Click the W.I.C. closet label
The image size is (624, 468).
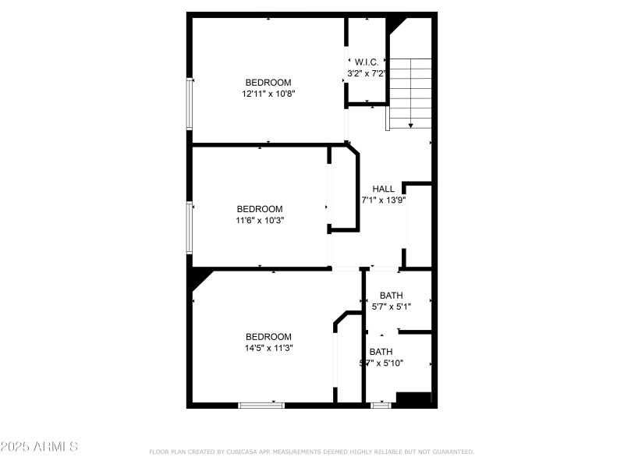[x=367, y=62]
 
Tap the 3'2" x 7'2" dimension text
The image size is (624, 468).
[x=367, y=73]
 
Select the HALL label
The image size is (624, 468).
[x=383, y=189]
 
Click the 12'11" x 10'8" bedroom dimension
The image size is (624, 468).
[x=268, y=93]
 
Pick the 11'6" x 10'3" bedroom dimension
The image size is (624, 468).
[x=260, y=220]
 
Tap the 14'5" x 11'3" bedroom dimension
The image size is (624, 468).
[x=268, y=348]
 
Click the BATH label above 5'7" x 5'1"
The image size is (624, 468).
[x=392, y=296]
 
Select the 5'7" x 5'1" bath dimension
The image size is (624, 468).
[x=391, y=307]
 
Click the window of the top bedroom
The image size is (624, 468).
[x=190, y=103]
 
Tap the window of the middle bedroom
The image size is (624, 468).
[x=190, y=227]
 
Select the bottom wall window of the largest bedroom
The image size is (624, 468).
[x=261, y=405]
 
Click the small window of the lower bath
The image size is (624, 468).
[x=381, y=405]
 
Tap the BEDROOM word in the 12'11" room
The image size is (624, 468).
[x=268, y=83]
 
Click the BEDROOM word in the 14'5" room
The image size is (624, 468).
[x=268, y=337]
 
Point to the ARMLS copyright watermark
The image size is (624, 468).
[x=39, y=447]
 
